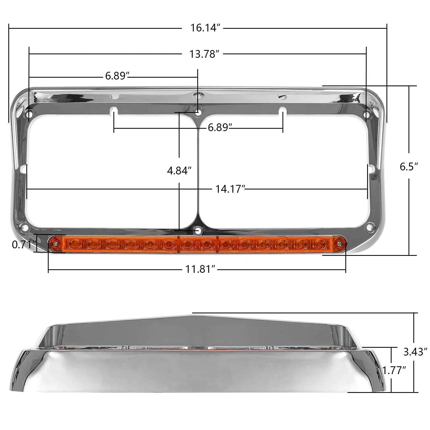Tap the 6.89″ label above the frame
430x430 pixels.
[x=117, y=76]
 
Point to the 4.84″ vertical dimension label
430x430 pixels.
[x=179, y=170]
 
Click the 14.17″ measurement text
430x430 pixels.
[x=230, y=189]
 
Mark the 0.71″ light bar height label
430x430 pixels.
[x=24, y=245]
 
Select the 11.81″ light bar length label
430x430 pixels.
[x=200, y=269]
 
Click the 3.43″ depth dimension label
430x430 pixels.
[x=415, y=352]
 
